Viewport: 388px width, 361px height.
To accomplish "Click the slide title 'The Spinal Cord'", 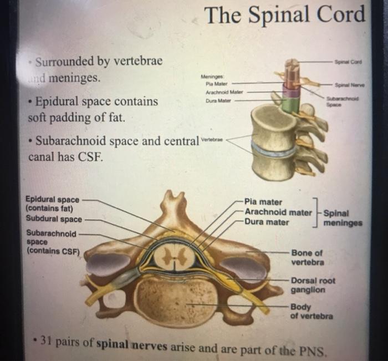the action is [x=285, y=16].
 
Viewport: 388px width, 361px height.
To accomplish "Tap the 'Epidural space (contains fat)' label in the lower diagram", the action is [x=53, y=204].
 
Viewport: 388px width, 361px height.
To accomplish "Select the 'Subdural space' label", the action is [x=54, y=218].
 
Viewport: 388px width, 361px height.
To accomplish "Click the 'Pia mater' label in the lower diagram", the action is [x=263, y=202].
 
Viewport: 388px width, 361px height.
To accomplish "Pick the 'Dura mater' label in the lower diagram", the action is [x=267, y=222].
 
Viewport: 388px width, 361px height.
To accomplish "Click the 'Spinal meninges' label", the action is [x=343, y=217].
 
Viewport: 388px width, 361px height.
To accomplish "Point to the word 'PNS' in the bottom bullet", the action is [x=318, y=350].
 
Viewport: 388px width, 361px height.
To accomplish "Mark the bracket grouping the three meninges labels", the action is [x=315, y=212].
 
